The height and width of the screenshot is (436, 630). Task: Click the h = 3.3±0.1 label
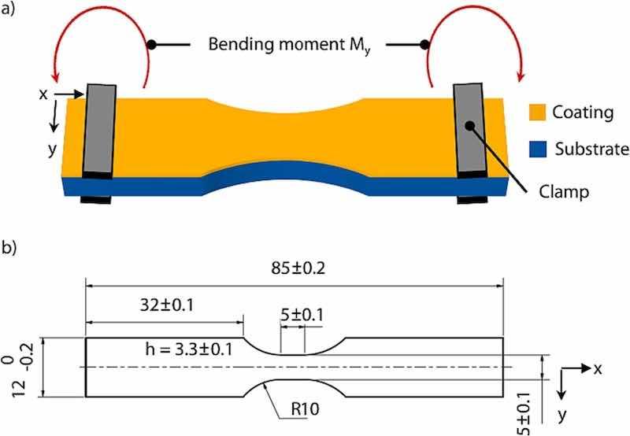tap(190, 348)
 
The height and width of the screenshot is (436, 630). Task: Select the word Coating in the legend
tap(584, 113)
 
